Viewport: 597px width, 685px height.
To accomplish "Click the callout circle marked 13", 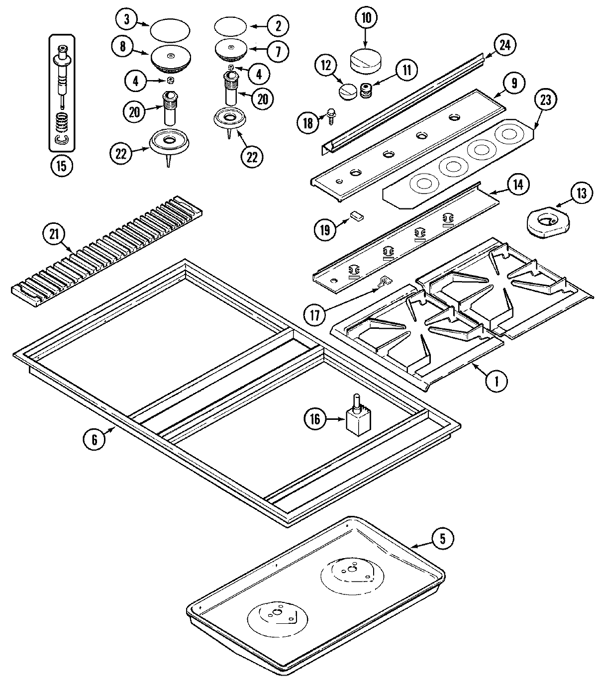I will [582, 194].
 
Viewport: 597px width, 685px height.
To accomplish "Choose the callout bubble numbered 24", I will [505, 45].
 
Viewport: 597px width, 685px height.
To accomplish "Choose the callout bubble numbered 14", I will [518, 184].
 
